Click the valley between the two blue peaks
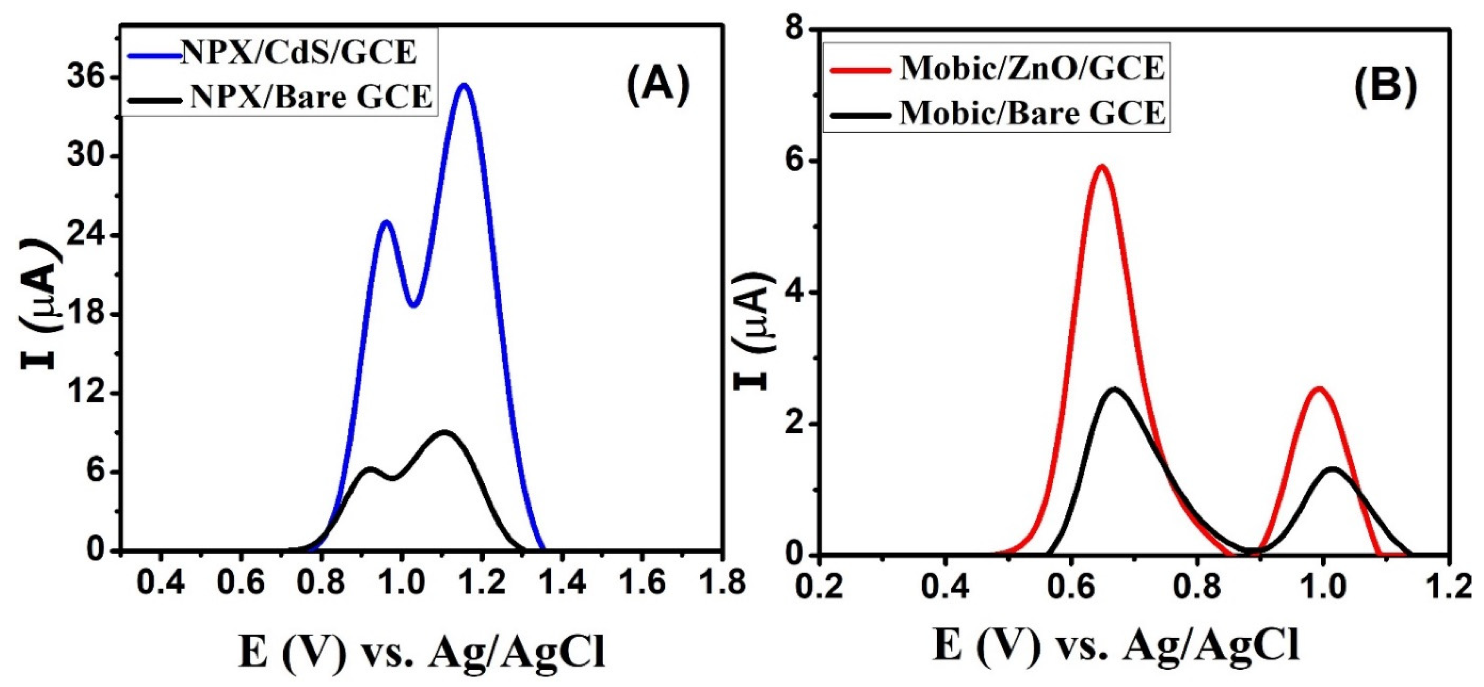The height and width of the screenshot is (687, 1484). (x=414, y=305)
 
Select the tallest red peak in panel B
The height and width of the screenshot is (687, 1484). (x=1102, y=167)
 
